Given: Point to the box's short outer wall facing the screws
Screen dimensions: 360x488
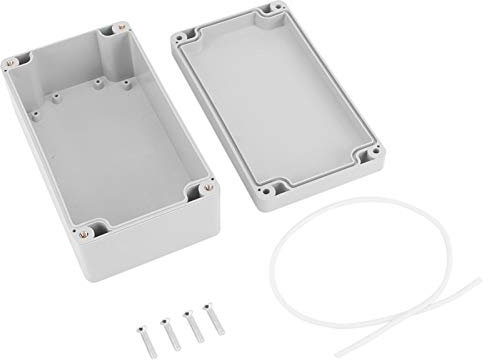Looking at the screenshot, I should [155, 250].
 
